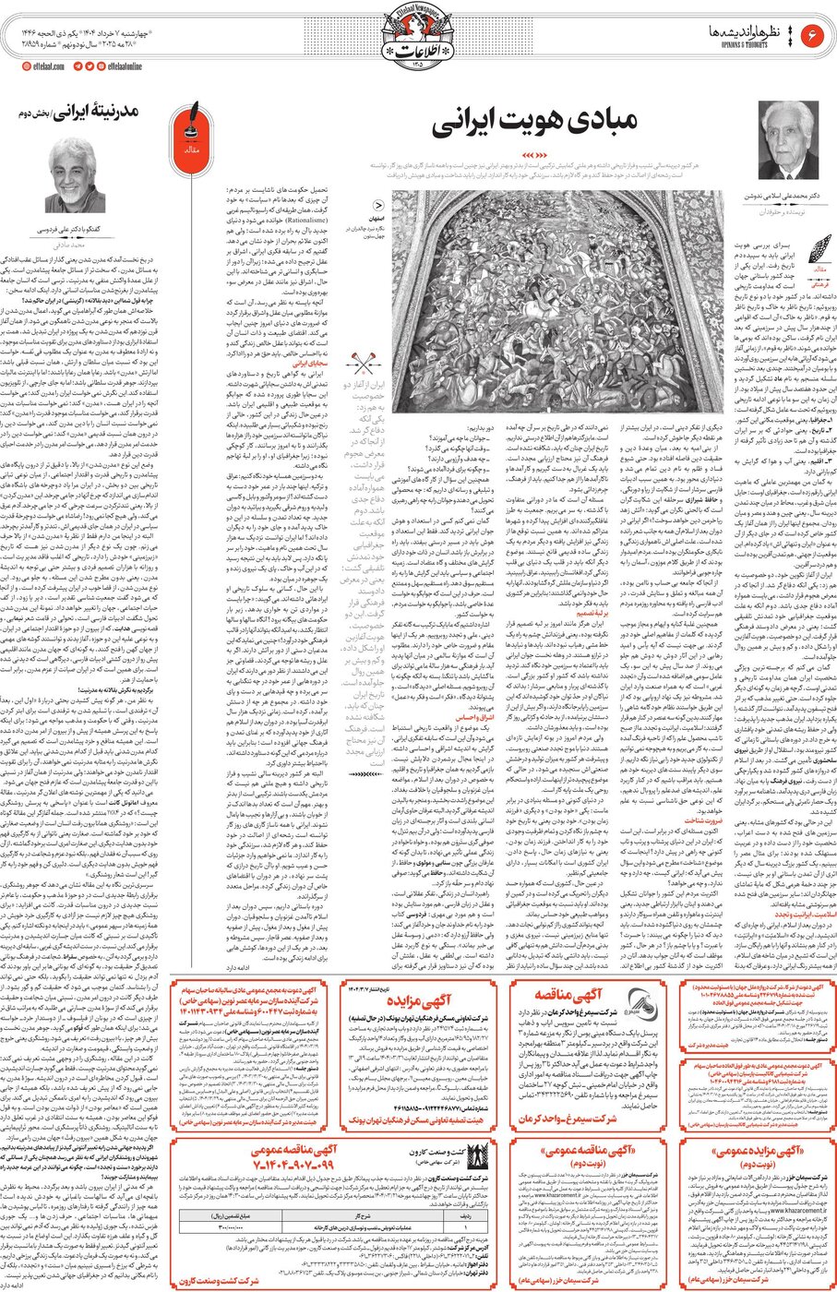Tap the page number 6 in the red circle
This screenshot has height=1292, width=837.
pyautogui.click(x=814, y=34)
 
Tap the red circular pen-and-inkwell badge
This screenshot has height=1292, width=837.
pyautogui.click(x=193, y=134)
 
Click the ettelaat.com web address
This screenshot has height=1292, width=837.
pyautogui.click(x=44, y=66)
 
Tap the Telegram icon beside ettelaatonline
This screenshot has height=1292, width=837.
pyautogui.click(x=78, y=66)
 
